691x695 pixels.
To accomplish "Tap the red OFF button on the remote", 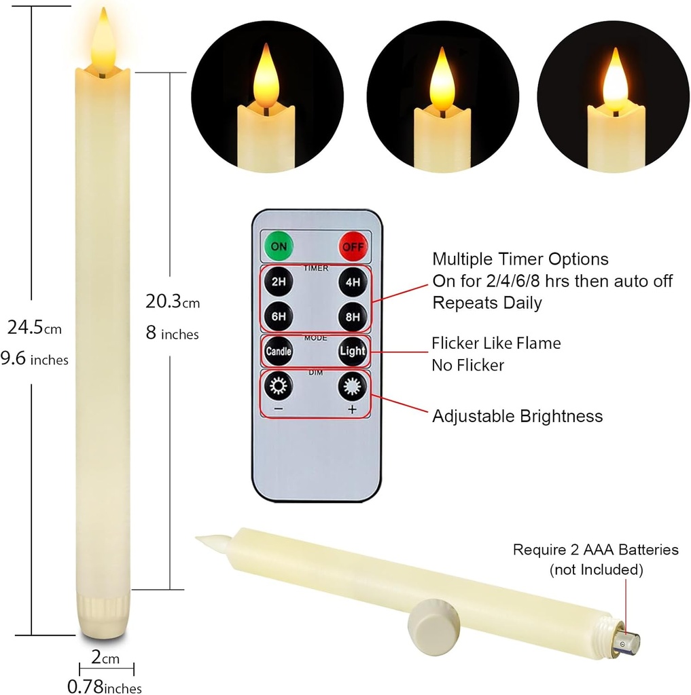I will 353,246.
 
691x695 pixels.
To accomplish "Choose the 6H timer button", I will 279,316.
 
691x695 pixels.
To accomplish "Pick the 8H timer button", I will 353,316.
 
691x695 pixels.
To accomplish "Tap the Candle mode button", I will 279,351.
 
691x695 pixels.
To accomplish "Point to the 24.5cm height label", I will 34,328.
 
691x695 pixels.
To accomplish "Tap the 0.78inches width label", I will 105,687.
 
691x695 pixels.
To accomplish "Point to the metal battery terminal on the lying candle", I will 626,641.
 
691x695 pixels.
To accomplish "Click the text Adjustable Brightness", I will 517,416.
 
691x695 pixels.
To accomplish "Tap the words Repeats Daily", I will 487,303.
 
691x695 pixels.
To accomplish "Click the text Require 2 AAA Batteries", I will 595,550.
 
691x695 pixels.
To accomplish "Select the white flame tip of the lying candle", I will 211,542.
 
